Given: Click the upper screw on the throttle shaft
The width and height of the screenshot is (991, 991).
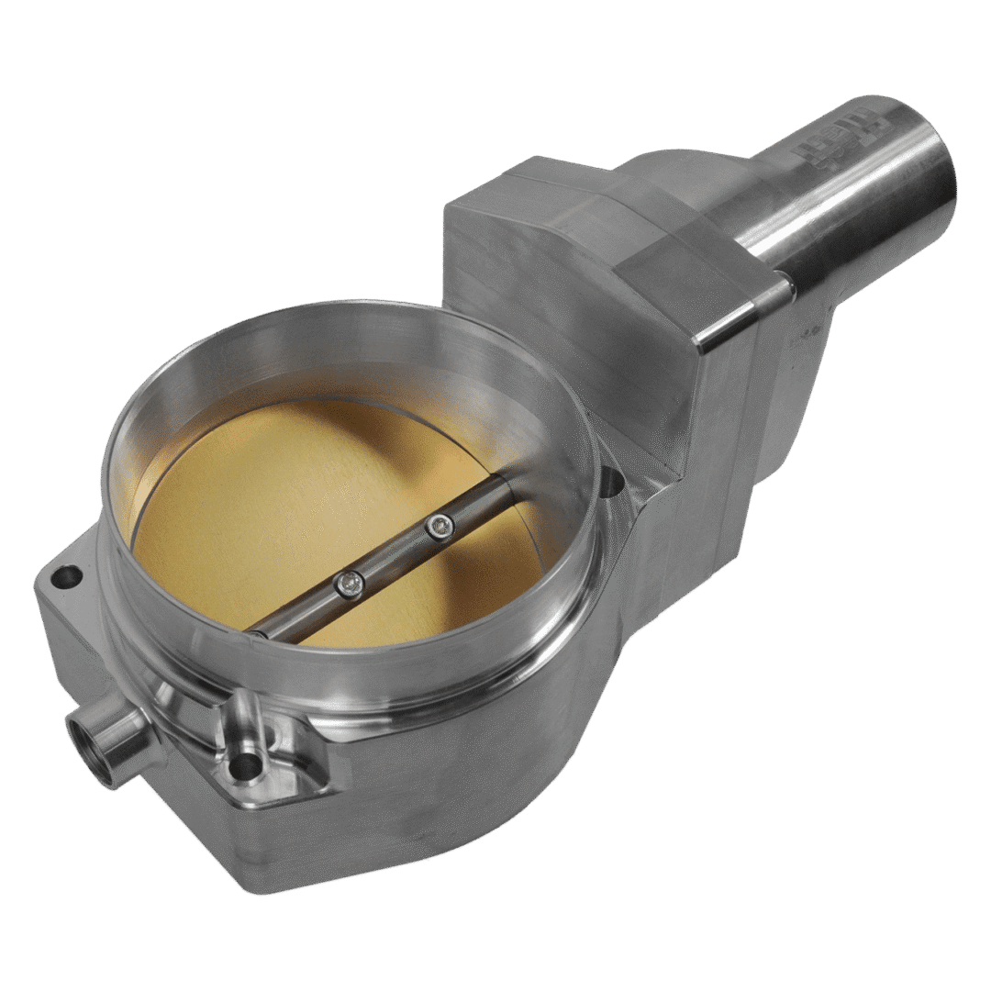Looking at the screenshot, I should coord(440,526).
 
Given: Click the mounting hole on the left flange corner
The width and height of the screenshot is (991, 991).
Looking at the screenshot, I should coord(65,577).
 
